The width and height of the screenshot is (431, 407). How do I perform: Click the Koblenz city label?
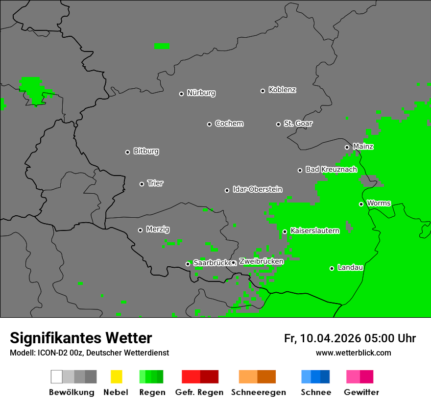tap(282, 90)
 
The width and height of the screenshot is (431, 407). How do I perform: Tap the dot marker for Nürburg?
tap(181, 94)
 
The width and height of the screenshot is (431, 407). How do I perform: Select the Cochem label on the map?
tap(229, 124)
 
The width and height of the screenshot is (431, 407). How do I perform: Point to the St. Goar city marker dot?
tap(278, 124)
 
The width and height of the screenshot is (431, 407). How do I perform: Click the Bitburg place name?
tap(146, 152)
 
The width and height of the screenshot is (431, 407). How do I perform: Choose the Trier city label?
tap(155, 183)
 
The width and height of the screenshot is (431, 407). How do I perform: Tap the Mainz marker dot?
tap(347, 147)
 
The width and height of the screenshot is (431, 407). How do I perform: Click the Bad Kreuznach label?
tap(331, 170)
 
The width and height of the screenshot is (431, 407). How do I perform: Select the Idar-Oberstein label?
tap(257, 190)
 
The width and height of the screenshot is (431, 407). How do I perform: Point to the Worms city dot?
tap(361, 204)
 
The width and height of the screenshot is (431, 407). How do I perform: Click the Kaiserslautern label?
tap(314, 231)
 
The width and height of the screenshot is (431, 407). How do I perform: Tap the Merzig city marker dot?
tap(140, 230)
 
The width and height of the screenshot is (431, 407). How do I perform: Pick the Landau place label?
tap(350, 268)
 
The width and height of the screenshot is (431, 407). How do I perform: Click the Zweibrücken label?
tap(261, 261)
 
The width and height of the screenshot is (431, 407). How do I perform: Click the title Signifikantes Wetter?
tap(81, 338)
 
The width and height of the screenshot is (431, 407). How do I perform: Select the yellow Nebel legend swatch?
tap(116, 377)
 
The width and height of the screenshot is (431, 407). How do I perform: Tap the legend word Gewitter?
tap(361, 392)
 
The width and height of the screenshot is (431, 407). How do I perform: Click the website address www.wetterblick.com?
tap(353, 353)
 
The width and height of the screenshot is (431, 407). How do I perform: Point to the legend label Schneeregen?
tap(258, 392)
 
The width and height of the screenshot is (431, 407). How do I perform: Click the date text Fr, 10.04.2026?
tap(322, 338)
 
